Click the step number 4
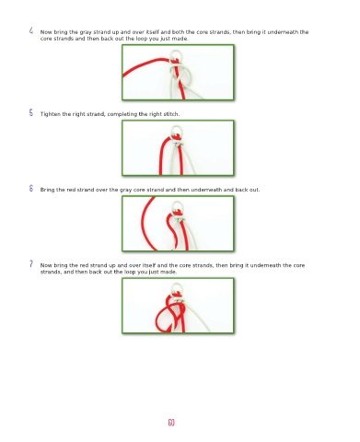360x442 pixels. tap(31, 30)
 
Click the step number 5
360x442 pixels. tap(31, 112)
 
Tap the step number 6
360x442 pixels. tap(31, 188)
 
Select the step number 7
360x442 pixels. tap(31, 263)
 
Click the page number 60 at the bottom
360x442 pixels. tap(171, 423)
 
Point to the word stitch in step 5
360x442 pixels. tap(171, 114)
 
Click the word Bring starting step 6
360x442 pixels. tap(46, 190)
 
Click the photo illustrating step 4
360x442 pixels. tap(178, 73)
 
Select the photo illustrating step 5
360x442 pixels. tap(178, 148)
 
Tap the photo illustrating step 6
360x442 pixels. tap(178, 224)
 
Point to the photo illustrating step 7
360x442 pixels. tap(178, 306)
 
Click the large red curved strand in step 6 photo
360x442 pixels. tap(143, 224)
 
